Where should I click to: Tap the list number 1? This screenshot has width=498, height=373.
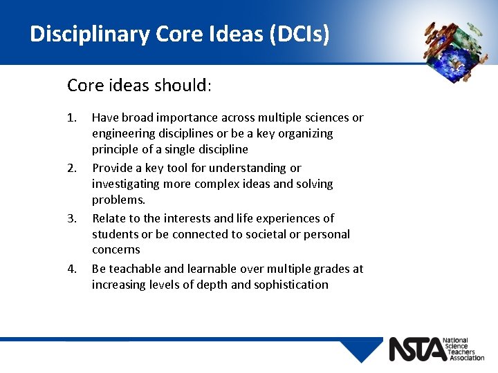click(x=72, y=117)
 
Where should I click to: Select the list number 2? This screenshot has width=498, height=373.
click(x=72, y=168)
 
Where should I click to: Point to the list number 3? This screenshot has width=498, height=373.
click(x=72, y=218)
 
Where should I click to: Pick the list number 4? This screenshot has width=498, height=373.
click(x=72, y=269)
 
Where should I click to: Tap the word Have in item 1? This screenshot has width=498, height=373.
click(x=104, y=117)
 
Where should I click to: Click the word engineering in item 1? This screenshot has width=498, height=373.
click(x=123, y=133)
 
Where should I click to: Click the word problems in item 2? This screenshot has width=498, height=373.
click(x=119, y=200)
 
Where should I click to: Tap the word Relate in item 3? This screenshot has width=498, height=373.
click(x=109, y=218)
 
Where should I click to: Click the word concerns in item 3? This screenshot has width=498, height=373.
click(x=116, y=249)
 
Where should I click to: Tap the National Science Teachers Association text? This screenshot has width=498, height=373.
click(x=465, y=349)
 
